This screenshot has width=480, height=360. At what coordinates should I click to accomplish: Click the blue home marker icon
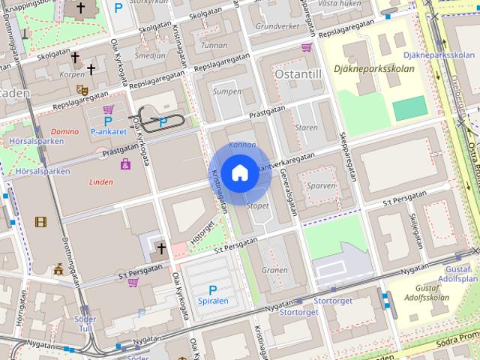coord(239,173)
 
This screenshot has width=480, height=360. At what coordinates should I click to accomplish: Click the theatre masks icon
coord(82,89)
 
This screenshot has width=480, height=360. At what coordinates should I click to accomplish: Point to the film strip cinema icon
coord(40,221)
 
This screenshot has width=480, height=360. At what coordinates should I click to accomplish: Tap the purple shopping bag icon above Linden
coord(124,163)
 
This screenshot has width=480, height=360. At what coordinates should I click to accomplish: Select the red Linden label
coord(100,181)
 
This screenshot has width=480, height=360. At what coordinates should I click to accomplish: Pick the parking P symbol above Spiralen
coord(212,289)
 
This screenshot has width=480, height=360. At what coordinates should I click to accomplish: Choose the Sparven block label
coord(320,184)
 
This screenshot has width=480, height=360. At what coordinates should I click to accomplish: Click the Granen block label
coord(274,270)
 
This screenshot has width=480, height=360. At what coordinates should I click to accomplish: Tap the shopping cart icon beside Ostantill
coord(307,47)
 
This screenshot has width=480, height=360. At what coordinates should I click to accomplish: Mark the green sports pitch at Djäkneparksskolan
coord(408,109)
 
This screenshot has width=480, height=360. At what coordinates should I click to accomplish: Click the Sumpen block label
coord(226,91)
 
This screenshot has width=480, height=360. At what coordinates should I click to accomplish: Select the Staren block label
coord(307,127)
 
